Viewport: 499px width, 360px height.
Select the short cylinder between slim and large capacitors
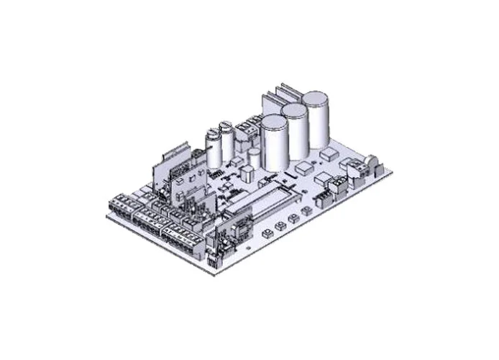pos(254,157)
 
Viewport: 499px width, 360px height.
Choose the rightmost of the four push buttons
pos(306,210)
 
